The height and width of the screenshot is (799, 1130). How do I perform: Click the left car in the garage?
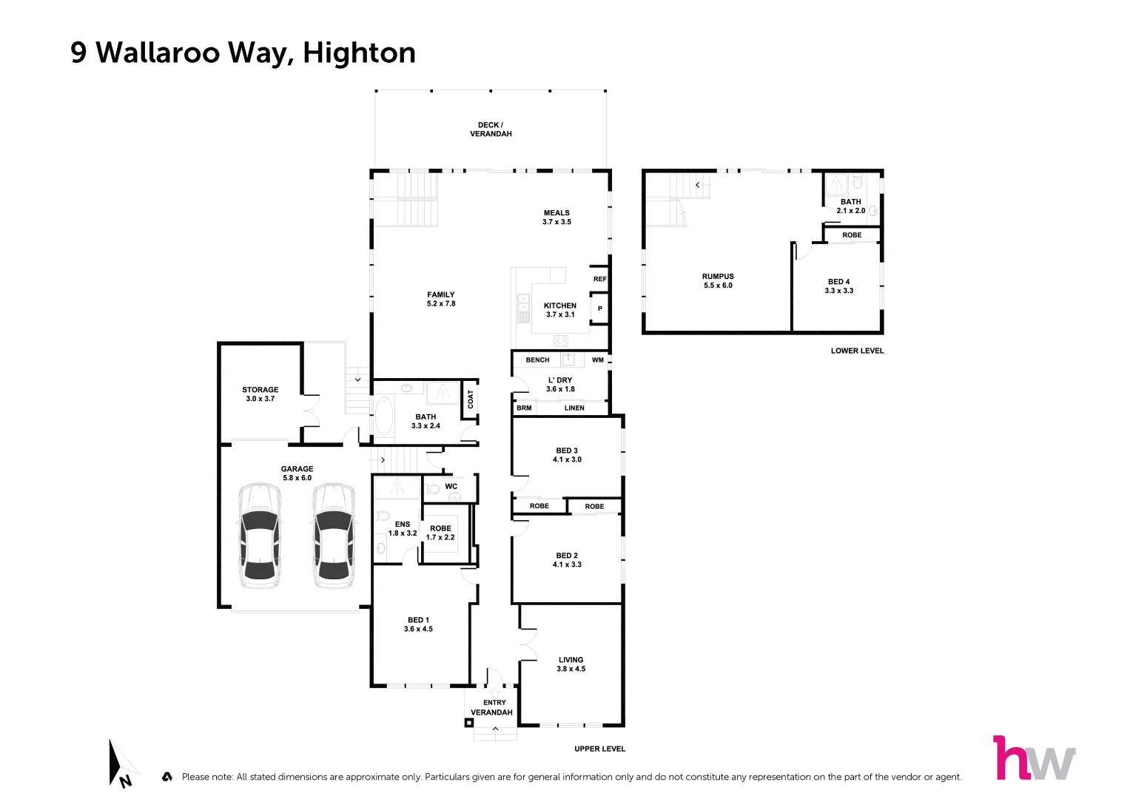coord(260,536)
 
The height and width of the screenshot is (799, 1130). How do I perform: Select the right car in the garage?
coord(334,536)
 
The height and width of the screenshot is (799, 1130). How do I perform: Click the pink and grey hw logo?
coord(1034,758)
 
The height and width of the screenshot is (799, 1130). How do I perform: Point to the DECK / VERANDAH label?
coord(490,129)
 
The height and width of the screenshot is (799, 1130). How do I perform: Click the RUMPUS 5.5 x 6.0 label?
coord(718,281)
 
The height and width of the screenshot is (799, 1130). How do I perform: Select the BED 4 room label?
coord(838,286)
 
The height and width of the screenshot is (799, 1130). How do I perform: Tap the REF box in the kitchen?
coord(599,279)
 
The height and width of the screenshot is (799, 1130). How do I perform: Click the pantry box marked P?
coord(599,309)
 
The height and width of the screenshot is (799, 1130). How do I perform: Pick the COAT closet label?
coord(470,399)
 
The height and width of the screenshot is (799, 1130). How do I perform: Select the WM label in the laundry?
coord(598,360)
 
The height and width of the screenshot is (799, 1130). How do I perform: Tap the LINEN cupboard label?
coord(574,408)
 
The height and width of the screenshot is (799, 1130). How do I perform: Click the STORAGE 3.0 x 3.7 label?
coord(260,394)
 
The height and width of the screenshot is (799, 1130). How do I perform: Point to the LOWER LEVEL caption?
coord(857,351)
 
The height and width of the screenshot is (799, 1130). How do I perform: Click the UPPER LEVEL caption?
coord(599,749)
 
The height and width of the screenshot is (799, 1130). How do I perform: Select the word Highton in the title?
coord(359,53)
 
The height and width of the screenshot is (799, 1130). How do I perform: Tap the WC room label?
coord(451,486)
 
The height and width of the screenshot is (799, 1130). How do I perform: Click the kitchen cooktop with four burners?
coord(561,341)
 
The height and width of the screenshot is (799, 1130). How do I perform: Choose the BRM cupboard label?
coord(524,408)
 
